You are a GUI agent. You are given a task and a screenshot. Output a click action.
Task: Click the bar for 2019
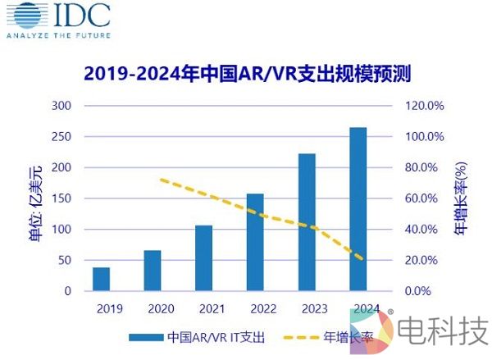101,279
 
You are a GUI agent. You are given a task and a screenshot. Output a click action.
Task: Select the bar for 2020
153,271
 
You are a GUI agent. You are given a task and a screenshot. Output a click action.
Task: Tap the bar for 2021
203,258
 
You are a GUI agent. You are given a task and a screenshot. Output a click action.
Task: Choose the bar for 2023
306,222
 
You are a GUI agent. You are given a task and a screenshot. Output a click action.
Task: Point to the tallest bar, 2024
358,209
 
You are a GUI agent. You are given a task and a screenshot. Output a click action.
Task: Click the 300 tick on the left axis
63,106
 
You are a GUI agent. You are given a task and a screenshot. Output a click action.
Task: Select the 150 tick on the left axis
63,198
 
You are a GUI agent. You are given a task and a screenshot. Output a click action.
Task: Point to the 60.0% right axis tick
426,198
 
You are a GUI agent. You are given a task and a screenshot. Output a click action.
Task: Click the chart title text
246,74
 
